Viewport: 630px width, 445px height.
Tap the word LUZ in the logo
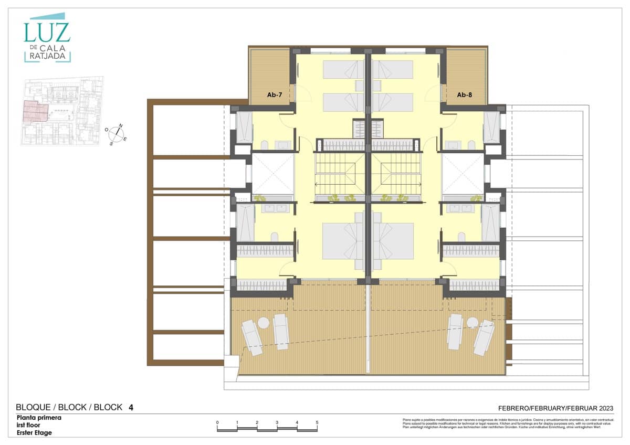pos(46,32)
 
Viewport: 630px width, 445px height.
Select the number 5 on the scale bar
pos(317,422)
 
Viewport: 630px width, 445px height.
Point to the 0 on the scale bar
pos(217,422)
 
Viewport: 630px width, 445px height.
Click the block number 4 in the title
pos(131,407)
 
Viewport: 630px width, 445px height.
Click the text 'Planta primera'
pos(39,418)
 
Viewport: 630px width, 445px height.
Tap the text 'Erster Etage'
pos(34,432)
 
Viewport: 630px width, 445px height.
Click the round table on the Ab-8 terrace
pos(472,322)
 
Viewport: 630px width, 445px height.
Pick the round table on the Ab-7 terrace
pos(264,324)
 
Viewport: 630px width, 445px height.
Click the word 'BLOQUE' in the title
pos(34,407)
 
